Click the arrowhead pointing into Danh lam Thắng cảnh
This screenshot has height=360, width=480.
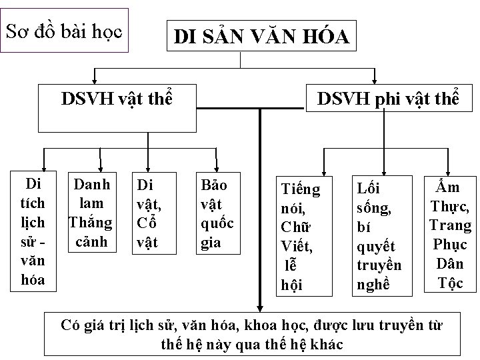[x=100, y=167]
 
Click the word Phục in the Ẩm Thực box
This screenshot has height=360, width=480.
[x=450, y=244]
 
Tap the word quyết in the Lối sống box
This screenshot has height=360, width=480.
[x=377, y=247]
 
